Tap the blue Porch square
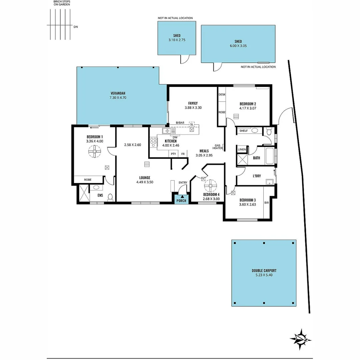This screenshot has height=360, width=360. coord(181,199)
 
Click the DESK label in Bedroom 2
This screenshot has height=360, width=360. coord(222,95)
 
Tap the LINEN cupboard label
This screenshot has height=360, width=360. coord(242,150)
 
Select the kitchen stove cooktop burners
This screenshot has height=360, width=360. coord(153,142)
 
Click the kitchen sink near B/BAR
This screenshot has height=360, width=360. coord(169,131)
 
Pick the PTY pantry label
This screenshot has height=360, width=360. coord(173,154)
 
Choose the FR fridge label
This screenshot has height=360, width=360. coord(183,154)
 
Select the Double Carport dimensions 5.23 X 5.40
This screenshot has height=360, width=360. coord(264,275)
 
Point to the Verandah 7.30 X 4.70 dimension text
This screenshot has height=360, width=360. coord(118,98)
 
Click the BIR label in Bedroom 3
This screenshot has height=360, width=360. coord(266,202)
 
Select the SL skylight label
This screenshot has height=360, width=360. coord(192,124)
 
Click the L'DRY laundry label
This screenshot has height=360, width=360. coord(256,176)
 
